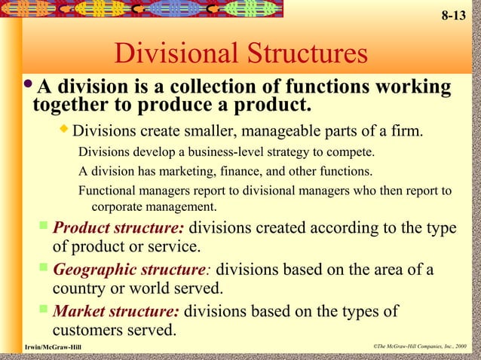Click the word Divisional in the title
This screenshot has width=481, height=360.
[x=176, y=54]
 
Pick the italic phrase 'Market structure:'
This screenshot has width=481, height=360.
[x=116, y=311]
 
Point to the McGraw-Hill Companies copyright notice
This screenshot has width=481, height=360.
[x=419, y=346]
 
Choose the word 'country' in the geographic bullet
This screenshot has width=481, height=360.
[x=79, y=288]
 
